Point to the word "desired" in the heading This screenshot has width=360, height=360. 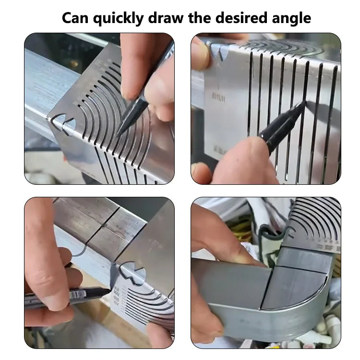246,18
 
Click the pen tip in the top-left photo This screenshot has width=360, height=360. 118,134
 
